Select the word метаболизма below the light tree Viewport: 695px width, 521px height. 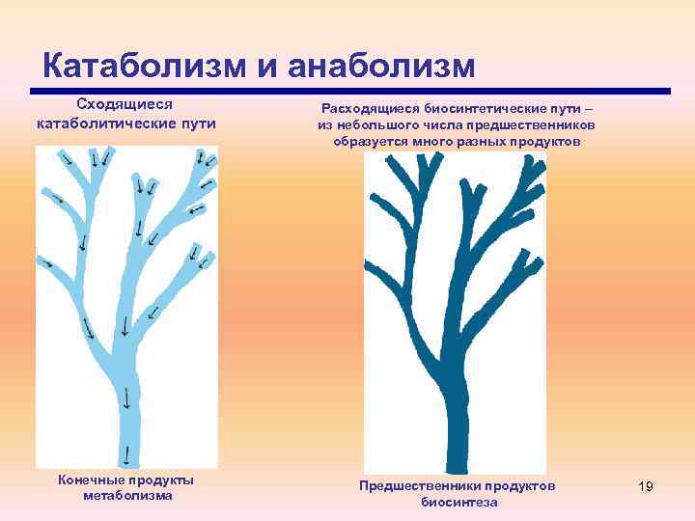click(127, 496)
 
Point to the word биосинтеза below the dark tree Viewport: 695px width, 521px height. click(459, 503)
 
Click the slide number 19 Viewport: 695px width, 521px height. click(646, 486)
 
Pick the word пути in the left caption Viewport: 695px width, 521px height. click(199, 123)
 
